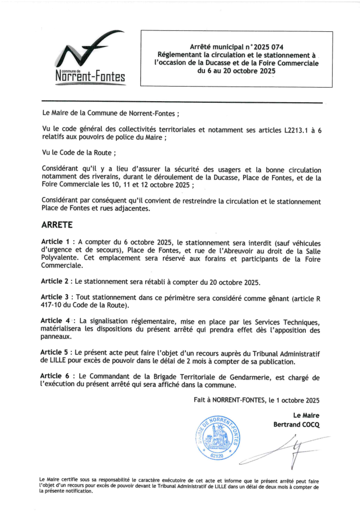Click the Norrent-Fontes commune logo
[x=91, y=59]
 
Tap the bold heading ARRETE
[x=57, y=225]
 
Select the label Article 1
[x=55, y=242]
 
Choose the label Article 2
[x=55, y=282]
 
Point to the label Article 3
[x=55, y=297]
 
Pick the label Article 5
[x=55, y=352]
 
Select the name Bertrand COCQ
[x=296, y=425]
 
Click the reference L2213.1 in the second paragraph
[x=298, y=130]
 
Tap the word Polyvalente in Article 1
[x=60, y=259]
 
